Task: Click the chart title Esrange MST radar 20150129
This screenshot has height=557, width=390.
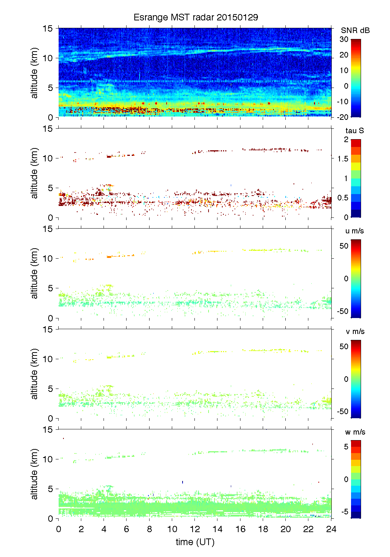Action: tap(196, 17)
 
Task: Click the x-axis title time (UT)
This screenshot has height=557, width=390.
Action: tap(195, 542)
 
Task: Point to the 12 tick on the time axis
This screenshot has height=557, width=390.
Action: tap(195, 529)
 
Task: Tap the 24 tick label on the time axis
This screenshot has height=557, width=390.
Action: tap(331, 529)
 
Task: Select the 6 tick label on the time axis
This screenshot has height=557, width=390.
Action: tap(127, 529)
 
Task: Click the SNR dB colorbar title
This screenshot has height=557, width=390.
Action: tap(355, 30)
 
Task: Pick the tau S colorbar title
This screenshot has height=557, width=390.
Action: tap(354, 131)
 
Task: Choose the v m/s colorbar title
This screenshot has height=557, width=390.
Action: tap(355, 331)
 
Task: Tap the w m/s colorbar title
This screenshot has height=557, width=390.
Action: tap(355, 432)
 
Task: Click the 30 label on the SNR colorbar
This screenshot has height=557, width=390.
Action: tap(344, 39)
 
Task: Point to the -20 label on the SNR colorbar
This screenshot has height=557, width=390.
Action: tap(343, 117)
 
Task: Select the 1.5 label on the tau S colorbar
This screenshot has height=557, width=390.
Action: tap(343, 159)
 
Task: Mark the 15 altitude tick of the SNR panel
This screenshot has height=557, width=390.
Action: tap(48, 29)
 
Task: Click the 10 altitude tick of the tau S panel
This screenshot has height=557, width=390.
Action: tap(48, 158)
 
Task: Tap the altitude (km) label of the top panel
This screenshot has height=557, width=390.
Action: tap(35, 73)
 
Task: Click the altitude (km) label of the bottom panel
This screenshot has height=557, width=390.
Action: tap(35, 474)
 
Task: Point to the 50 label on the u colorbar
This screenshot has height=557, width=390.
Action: tap(344, 246)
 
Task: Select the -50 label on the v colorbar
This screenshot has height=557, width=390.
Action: tap(343, 412)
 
